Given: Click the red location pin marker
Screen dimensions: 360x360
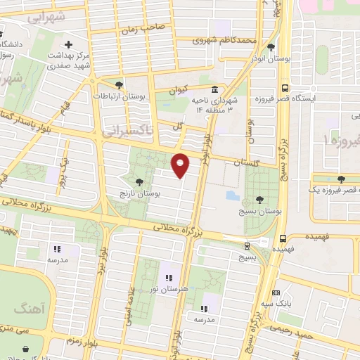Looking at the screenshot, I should coord(181,165).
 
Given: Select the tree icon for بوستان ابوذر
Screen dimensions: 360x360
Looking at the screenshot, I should coord(271,47).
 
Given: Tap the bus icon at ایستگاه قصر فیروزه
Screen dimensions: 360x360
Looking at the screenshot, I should coord(285,89).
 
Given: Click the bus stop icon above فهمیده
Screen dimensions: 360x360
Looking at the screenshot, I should coord(282,238).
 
